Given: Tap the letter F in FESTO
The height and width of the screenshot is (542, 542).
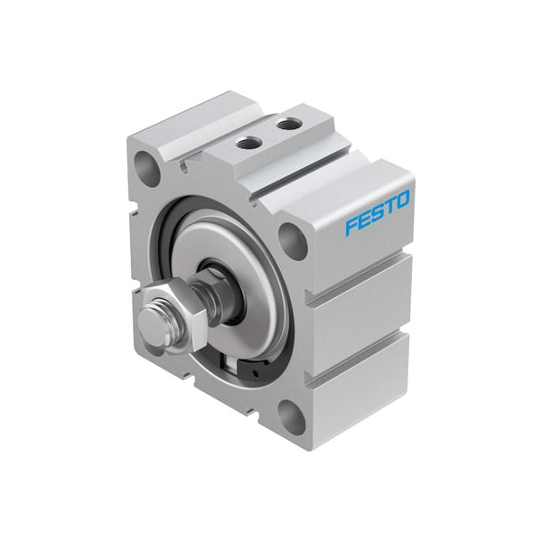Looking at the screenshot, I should tap(350, 225).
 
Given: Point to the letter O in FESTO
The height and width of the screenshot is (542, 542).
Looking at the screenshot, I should tap(402, 199).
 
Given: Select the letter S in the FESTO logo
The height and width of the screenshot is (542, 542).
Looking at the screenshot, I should tap(377, 212).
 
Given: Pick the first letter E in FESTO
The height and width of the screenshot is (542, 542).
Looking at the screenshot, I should tap(363, 220).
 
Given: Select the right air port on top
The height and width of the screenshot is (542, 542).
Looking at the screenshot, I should tap(286, 124).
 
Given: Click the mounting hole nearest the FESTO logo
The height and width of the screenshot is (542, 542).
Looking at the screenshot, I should tap(290, 238).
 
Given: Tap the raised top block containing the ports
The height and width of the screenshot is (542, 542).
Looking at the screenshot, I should tap(271, 145).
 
